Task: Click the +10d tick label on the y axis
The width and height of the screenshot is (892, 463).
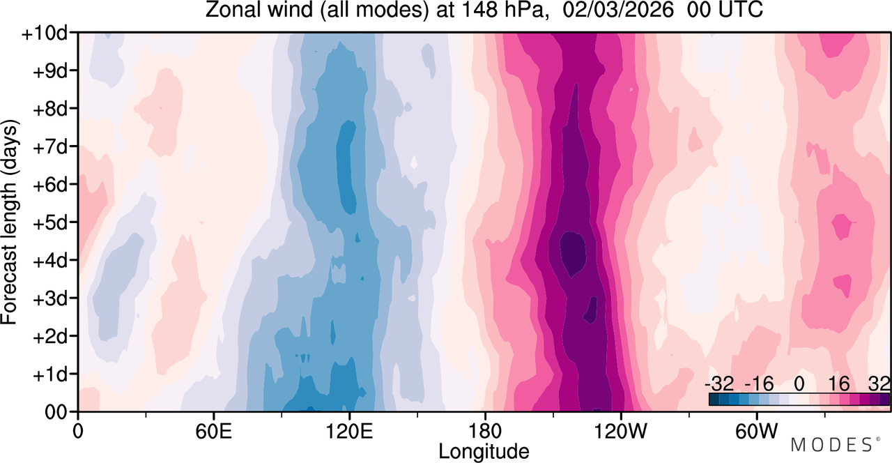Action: (x=45, y=34)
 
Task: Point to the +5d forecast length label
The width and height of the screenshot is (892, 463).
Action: (x=51, y=223)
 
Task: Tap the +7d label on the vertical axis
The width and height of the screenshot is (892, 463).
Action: (x=51, y=147)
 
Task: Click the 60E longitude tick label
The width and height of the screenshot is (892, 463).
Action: (x=214, y=431)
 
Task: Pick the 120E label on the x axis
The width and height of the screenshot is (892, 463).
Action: (x=349, y=431)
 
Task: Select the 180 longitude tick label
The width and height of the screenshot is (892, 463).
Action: (x=485, y=431)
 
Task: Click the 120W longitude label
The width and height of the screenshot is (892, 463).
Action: (x=621, y=431)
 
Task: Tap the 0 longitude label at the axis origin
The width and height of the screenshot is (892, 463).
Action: (x=78, y=431)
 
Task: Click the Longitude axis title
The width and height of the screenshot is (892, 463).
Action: (x=484, y=452)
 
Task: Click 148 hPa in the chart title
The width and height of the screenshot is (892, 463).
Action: (x=502, y=10)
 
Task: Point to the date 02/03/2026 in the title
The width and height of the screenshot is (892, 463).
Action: (x=618, y=10)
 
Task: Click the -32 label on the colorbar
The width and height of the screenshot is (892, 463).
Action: (x=719, y=384)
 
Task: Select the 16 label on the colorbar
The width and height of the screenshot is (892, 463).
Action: (x=838, y=384)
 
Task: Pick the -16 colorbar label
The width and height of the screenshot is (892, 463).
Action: (x=759, y=384)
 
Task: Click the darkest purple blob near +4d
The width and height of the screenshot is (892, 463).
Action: (x=573, y=253)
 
